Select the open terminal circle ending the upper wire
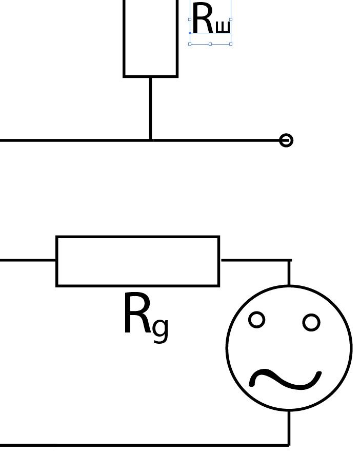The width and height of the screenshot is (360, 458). tap(286, 140)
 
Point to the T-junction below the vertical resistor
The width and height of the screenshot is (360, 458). tap(150, 140)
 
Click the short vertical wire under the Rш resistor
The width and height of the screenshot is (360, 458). tap(150, 108)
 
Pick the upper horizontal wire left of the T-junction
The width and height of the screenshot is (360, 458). tap(72, 140)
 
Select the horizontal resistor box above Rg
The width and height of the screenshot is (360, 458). tap(137, 261)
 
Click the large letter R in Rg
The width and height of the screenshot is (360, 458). tap(136, 315)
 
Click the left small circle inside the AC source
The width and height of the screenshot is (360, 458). tap(256, 320)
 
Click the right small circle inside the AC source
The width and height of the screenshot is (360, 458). tap(311, 322)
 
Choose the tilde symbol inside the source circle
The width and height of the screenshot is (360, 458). tap(285, 379)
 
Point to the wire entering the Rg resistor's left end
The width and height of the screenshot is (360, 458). tap(28, 260)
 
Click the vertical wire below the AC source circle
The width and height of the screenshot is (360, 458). tap(289, 427)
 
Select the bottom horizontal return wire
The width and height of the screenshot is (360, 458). tap(144, 445)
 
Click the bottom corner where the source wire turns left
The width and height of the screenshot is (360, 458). tap(289, 445)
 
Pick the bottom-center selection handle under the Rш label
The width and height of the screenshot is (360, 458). tap(210, 44)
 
